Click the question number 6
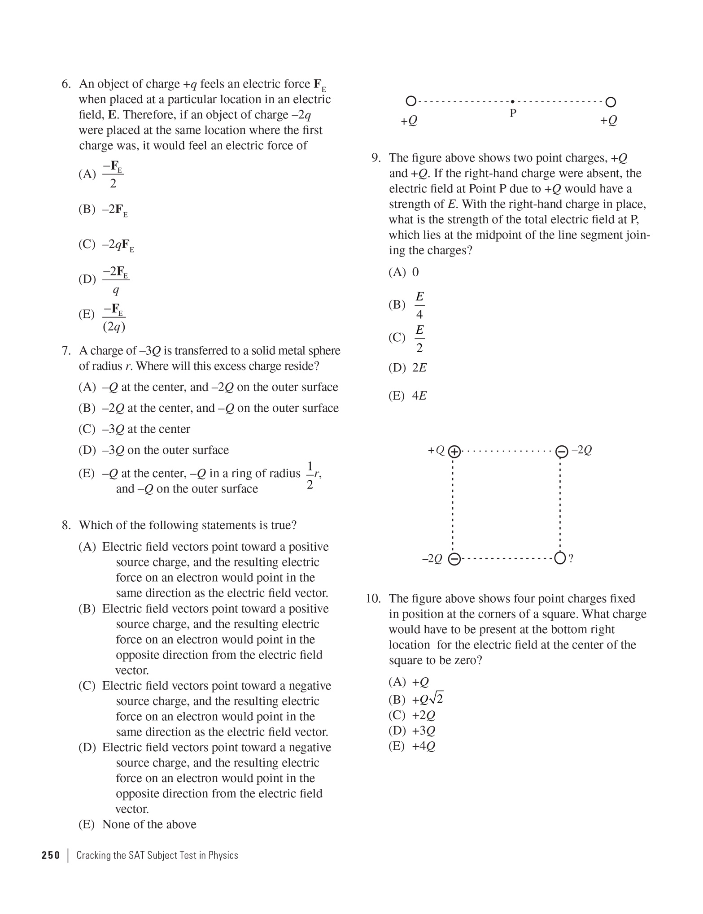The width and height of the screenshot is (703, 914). tap(66, 84)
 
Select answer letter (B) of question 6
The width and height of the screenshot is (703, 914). tap(87, 209)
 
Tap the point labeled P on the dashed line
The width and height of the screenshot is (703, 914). tap(513, 102)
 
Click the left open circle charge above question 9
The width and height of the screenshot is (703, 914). tap(410, 101)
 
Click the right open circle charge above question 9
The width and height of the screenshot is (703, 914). tap(611, 102)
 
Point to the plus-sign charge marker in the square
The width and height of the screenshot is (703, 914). tap(454, 451)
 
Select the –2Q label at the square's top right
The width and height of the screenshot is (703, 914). tap(582, 450)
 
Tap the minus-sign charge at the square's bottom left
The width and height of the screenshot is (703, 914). tap(454, 559)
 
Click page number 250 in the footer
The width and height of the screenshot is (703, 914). tap(51, 855)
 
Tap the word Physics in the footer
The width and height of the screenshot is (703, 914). tap(223, 855)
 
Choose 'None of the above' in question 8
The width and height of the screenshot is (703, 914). tap(149, 824)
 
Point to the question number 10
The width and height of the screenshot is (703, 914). tap(373, 599)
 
